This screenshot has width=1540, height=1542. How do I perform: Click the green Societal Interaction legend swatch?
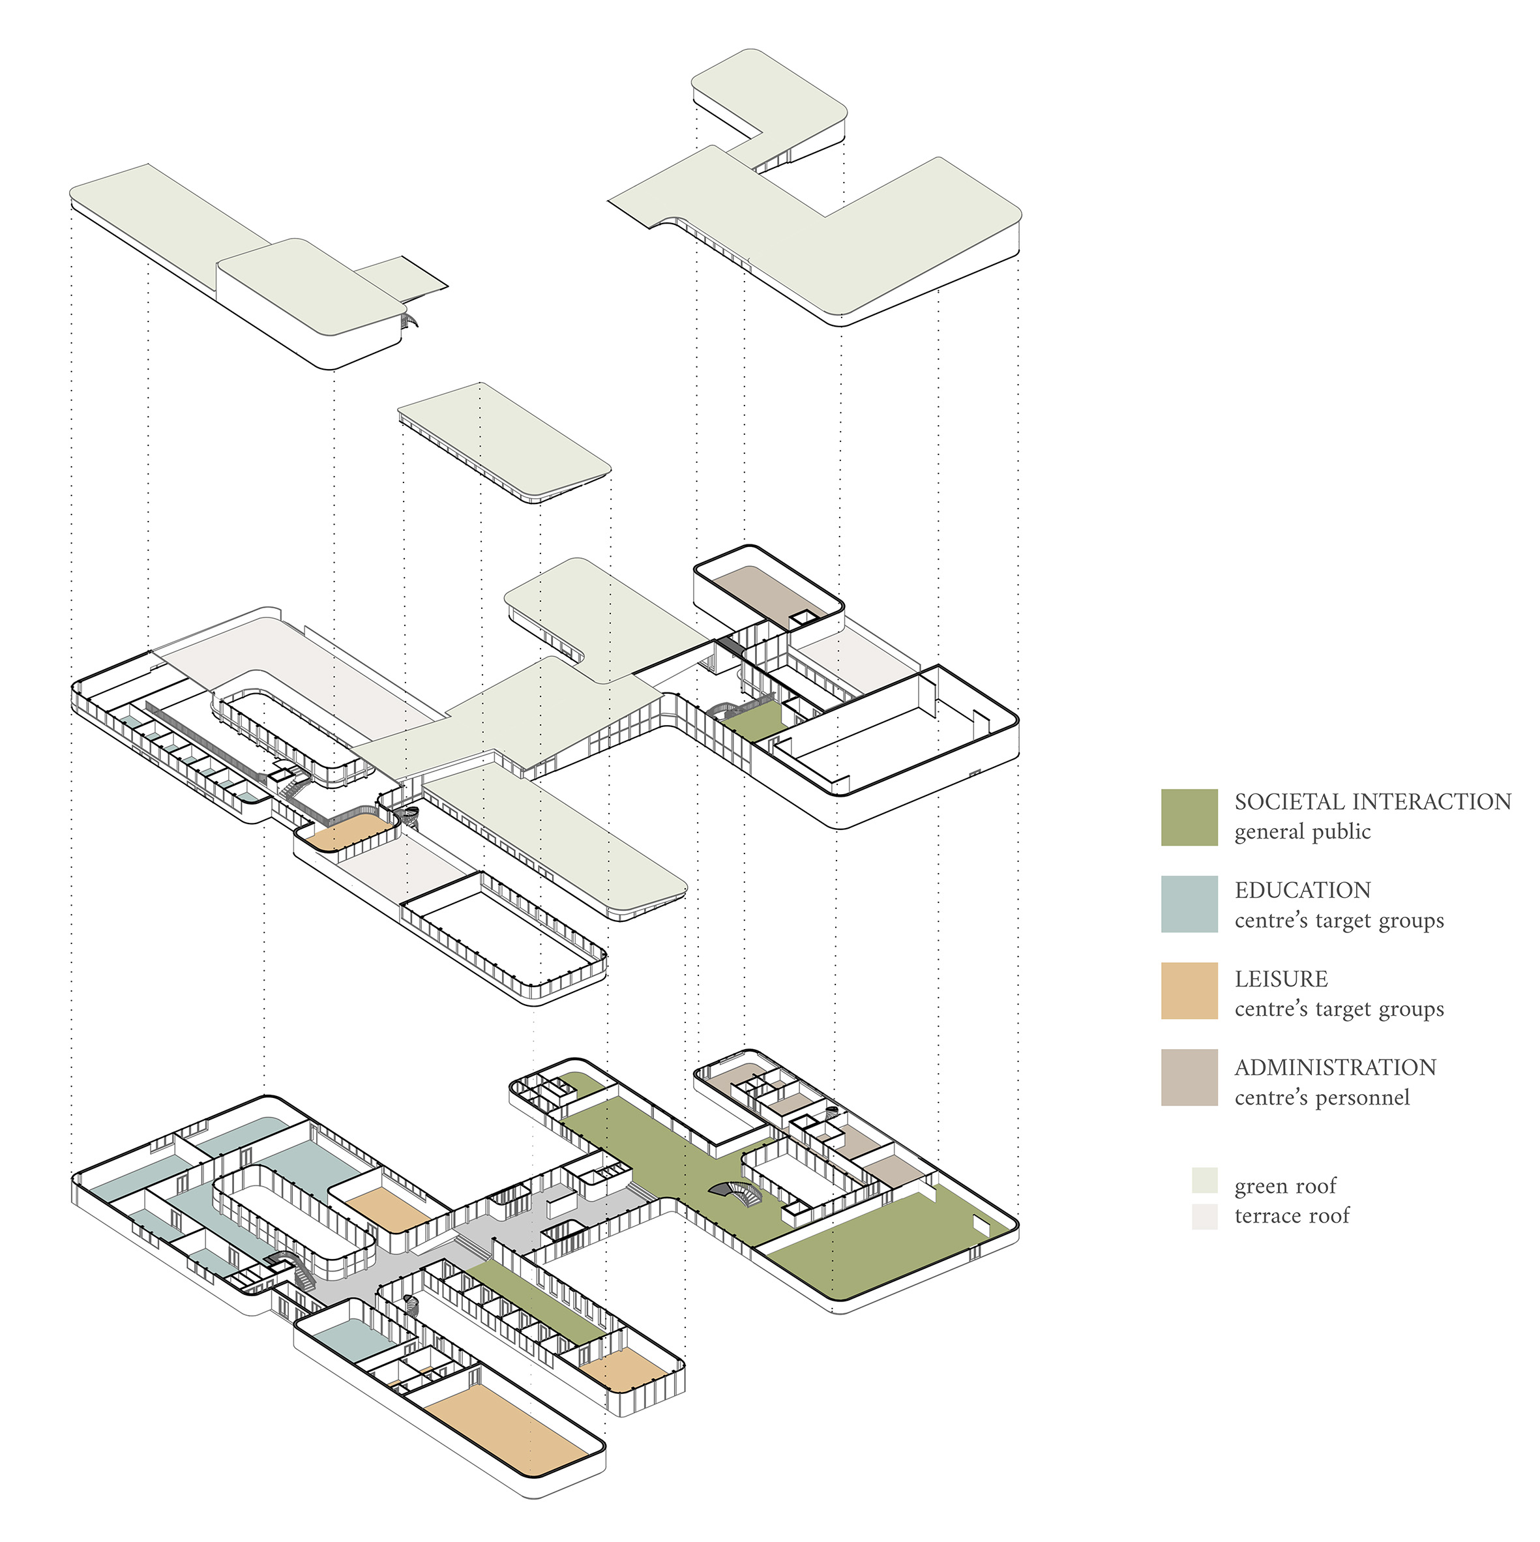1189,817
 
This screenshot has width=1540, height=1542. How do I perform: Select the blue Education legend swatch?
1189,904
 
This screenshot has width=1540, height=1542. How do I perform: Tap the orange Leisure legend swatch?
1189,991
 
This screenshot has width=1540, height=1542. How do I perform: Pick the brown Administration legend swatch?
1189,1078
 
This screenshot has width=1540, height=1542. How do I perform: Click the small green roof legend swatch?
1204,1180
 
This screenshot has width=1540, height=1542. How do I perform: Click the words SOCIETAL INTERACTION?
1372,802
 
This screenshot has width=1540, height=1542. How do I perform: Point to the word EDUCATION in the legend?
1302,891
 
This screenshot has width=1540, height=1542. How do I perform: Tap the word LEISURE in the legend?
1281,979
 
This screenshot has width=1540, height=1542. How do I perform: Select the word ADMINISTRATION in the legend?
1335,1068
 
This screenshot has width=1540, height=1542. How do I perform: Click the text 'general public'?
1302,832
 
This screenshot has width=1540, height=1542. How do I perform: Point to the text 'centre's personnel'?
1322,1098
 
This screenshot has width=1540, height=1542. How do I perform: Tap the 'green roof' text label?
1284,1187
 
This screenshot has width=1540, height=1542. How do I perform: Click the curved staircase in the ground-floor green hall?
737,1193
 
